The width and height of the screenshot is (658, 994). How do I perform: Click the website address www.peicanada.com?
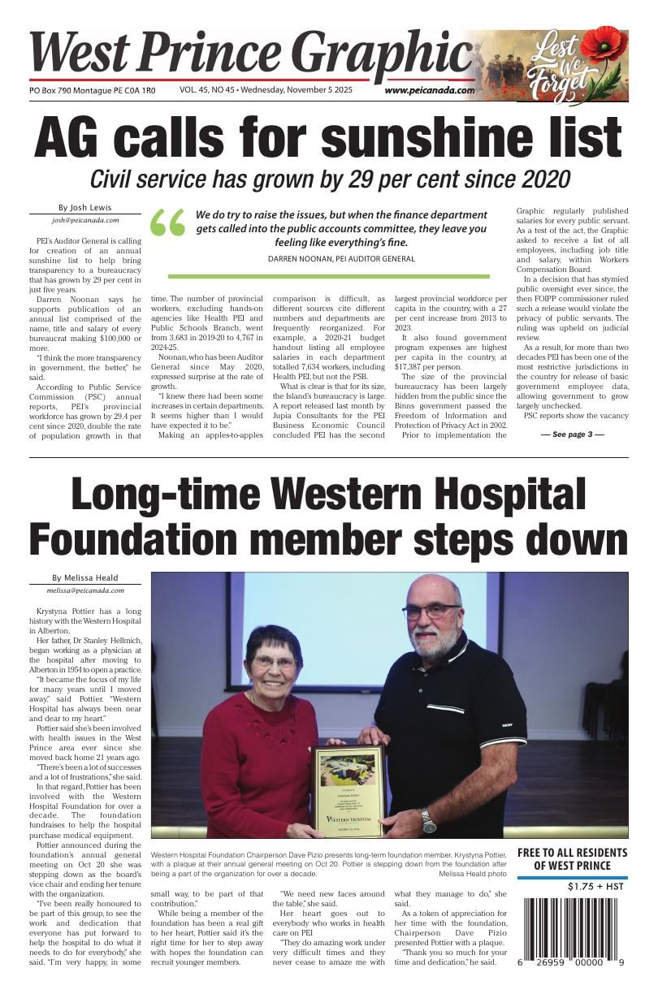click(x=430, y=91)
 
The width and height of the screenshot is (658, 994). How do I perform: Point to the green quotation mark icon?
click(x=168, y=223)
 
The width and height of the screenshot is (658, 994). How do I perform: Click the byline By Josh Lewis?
click(x=85, y=207)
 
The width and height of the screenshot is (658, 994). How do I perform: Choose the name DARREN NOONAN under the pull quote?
click(x=298, y=259)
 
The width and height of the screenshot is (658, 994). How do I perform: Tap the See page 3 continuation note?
click(x=573, y=434)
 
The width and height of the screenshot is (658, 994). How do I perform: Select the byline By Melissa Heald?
click(x=85, y=578)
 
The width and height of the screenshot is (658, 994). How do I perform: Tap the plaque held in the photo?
click(x=348, y=790)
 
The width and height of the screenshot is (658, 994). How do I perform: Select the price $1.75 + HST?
click(x=595, y=887)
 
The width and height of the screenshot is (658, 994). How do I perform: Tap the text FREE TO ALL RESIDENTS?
click(x=573, y=853)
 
